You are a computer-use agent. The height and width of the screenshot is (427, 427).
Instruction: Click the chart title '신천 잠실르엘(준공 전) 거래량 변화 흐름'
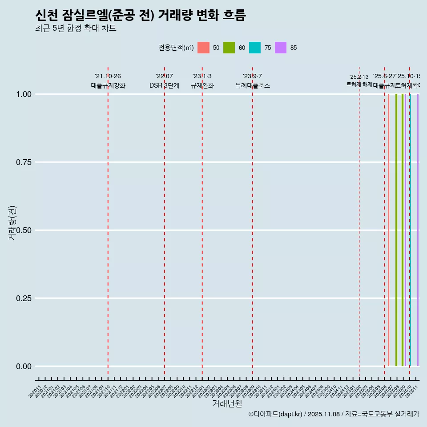point(140,16)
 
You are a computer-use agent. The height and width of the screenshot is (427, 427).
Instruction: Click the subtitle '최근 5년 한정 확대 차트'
point(76,28)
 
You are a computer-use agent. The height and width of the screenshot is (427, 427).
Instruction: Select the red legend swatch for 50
point(203,48)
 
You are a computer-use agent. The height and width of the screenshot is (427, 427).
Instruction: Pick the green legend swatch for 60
point(229,48)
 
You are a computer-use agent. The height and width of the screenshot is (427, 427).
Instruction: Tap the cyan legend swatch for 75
point(255,48)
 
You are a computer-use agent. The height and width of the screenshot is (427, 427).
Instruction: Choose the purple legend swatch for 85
point(281,48)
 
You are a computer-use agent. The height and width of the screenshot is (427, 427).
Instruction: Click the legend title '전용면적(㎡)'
point(176,48)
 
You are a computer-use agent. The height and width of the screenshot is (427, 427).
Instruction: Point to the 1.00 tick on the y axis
point(24,94)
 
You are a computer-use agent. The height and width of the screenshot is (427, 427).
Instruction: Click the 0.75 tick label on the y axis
point(24,162)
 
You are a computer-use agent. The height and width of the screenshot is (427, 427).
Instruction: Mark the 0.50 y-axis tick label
point(24,230)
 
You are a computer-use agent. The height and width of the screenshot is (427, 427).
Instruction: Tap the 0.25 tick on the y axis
point(24,298)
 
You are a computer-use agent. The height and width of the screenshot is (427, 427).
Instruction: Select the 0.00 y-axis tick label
point(24,367)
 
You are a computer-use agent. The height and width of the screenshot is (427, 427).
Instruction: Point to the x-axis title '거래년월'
point(227,404)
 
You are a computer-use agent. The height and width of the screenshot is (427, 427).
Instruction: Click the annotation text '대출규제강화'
point(108,85)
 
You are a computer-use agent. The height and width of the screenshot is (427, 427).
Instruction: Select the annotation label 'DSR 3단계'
point(164,85)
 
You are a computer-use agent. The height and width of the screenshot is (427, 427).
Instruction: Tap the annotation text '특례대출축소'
point(253,85)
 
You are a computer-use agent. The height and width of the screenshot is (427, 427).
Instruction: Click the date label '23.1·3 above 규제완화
point(202,77)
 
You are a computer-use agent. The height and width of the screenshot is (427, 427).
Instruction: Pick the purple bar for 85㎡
point(418,230)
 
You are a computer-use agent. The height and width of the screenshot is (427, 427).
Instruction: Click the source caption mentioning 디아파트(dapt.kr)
point(334,414)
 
